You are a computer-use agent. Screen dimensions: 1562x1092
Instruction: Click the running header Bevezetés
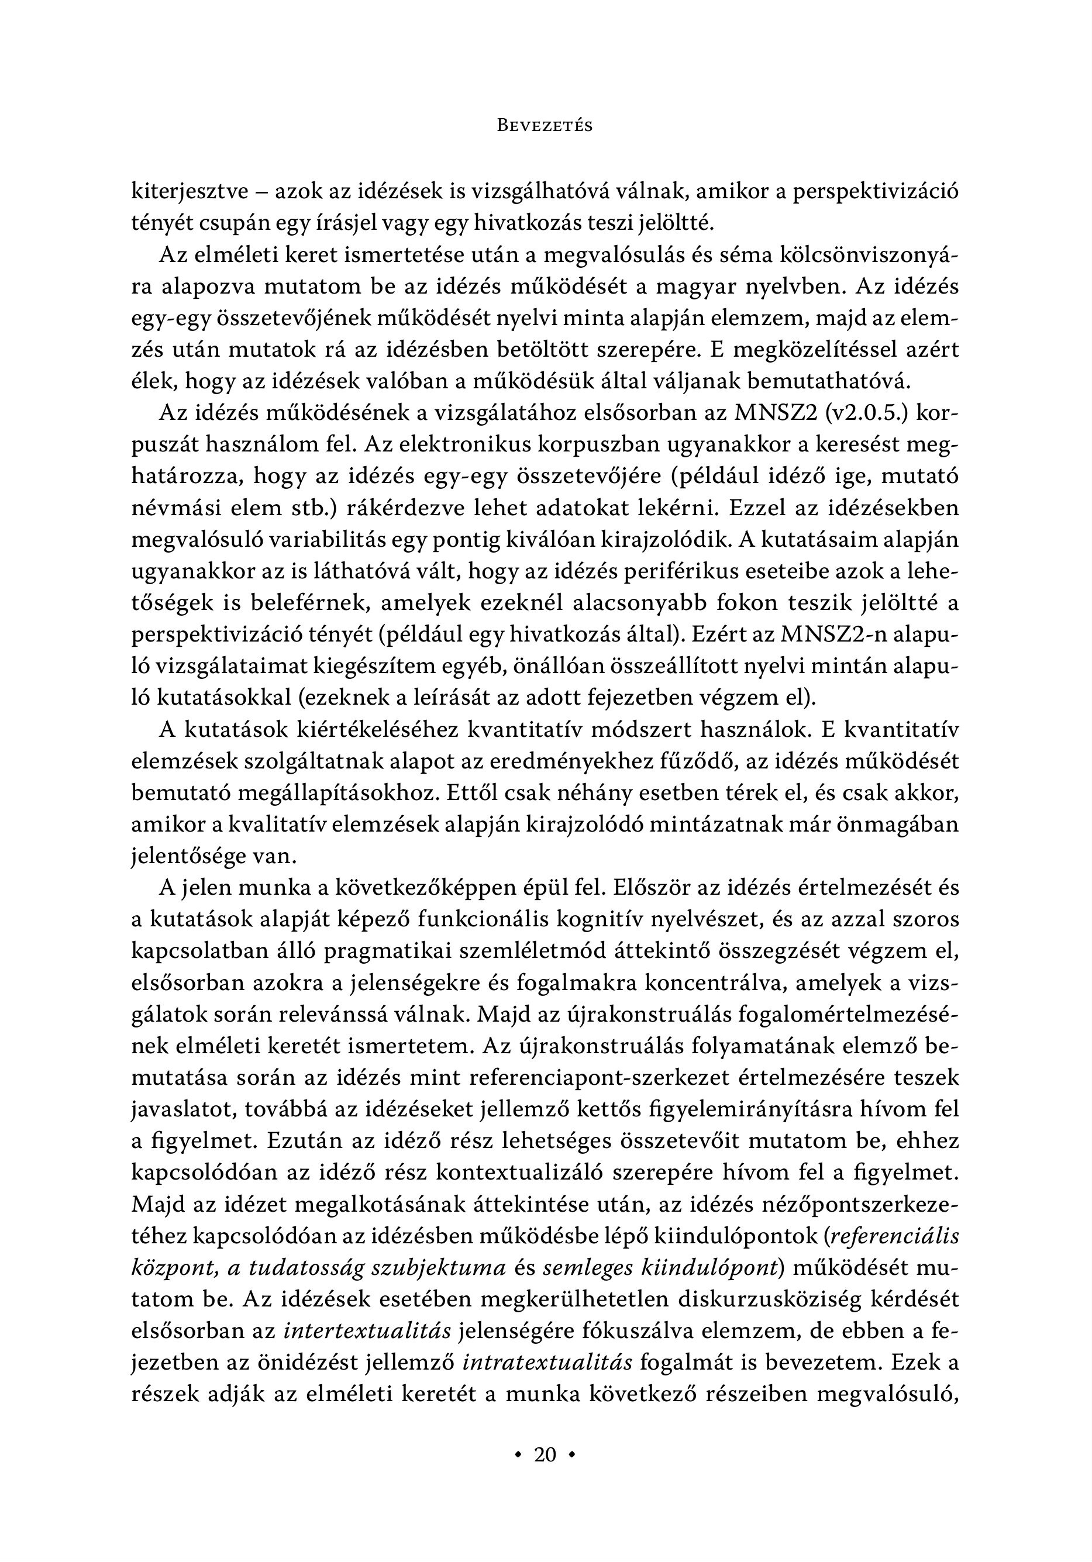coord(545,126)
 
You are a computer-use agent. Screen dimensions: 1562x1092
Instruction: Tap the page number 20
coord(546,1454)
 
